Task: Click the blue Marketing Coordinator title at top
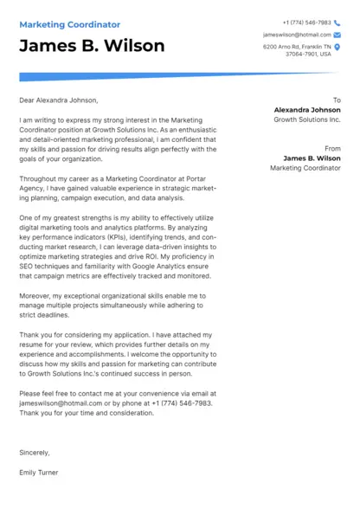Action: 70,25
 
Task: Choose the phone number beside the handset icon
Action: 306,23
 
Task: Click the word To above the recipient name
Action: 337,100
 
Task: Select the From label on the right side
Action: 332,149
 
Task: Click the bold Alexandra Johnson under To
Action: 307,111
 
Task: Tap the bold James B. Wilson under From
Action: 312,158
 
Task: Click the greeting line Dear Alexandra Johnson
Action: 59,100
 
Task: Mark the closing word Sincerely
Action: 35,452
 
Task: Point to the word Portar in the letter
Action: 190,177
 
